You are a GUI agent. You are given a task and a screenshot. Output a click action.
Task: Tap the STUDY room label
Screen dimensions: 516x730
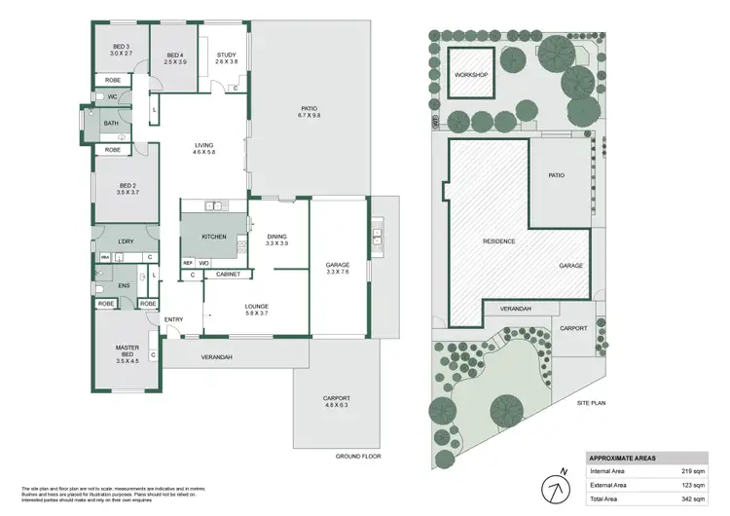click(227, 58)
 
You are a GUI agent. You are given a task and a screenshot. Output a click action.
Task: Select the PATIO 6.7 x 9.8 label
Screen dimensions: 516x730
click(309, 112)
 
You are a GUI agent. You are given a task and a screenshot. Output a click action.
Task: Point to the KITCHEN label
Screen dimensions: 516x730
click(213, 237)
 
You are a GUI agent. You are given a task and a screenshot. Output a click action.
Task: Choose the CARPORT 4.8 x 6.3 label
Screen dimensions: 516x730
click(339, 402)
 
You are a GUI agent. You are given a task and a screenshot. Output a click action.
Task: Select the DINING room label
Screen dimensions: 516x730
click(277, 239)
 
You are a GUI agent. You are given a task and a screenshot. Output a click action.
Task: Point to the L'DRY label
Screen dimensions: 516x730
click(126, 240)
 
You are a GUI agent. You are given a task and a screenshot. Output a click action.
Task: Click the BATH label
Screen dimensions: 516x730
click(111, 124)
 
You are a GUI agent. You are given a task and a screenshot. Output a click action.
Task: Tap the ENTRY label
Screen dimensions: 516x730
click(174, 319)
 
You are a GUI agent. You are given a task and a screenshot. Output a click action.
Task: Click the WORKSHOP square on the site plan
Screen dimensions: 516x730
click(470, 75)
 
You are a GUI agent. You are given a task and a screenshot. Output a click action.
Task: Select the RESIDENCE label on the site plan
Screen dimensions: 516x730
click(498, 240)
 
